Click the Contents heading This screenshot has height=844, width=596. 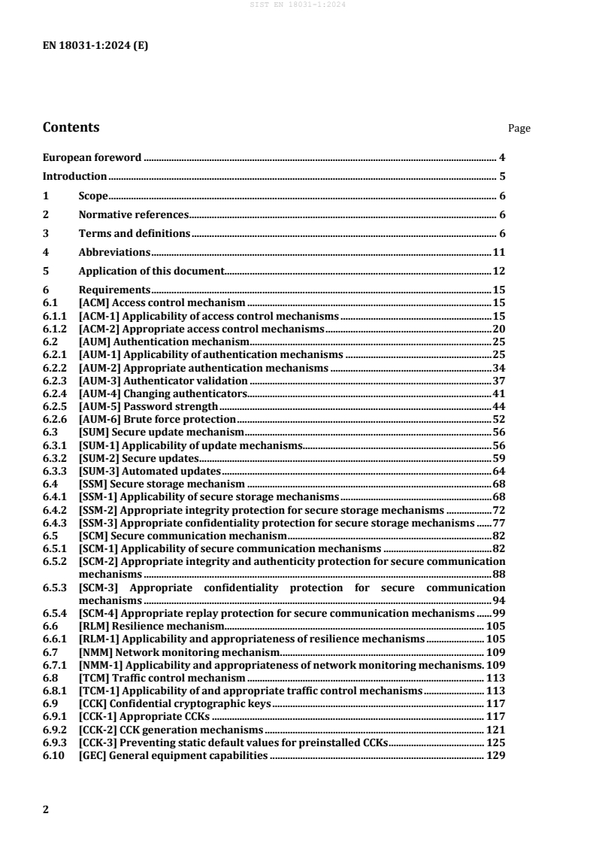(x=71, y=127)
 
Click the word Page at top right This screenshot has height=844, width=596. (x=519, y=129)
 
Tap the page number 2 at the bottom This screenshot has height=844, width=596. (x=47, y=809)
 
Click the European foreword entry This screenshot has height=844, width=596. (x=92, y=158)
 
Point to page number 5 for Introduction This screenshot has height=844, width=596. (x=501, y=177)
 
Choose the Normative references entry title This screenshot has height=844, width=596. (x=133, y=214)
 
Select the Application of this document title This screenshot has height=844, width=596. (x=151, y=271)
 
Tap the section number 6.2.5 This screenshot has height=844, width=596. (x=55, y=405)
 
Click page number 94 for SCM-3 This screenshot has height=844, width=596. (x=498, y=601)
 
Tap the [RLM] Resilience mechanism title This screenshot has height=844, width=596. (x=151, y=626)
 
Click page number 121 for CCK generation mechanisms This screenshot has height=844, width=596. (x=495, y=729)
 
